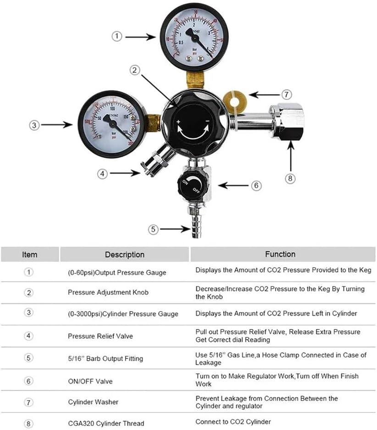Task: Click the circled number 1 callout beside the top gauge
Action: tap(117, 36)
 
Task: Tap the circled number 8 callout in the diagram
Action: tap(290, 179)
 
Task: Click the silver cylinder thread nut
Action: tap(286, 122)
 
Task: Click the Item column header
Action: tap(30, 254)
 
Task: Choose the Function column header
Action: tap(280, 254)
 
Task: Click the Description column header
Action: tap(124, 254)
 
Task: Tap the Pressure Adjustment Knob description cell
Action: tap(108, 292)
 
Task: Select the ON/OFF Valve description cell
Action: tap(90, 381)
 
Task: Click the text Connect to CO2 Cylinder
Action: tap(233, 421)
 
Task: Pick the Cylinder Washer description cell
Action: tap(93, 402)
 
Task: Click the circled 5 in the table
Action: tap(29, 358)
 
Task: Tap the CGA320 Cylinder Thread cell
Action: tap(106, 423)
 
